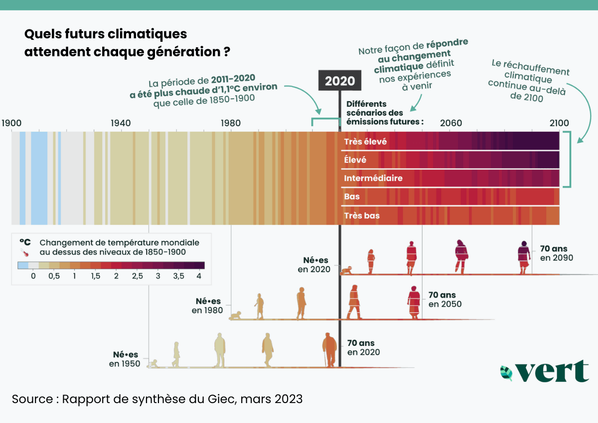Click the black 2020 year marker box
340,81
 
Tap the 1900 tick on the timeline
11,123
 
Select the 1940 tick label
121,123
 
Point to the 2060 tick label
451,123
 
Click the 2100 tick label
558,123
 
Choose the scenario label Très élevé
365,142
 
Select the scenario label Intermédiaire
373,178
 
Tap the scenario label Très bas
361,215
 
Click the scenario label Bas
351,197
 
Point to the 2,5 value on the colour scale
137,276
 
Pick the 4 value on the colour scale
199,276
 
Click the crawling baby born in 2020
346,271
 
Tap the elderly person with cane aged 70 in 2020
329,350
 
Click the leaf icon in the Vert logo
507,372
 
